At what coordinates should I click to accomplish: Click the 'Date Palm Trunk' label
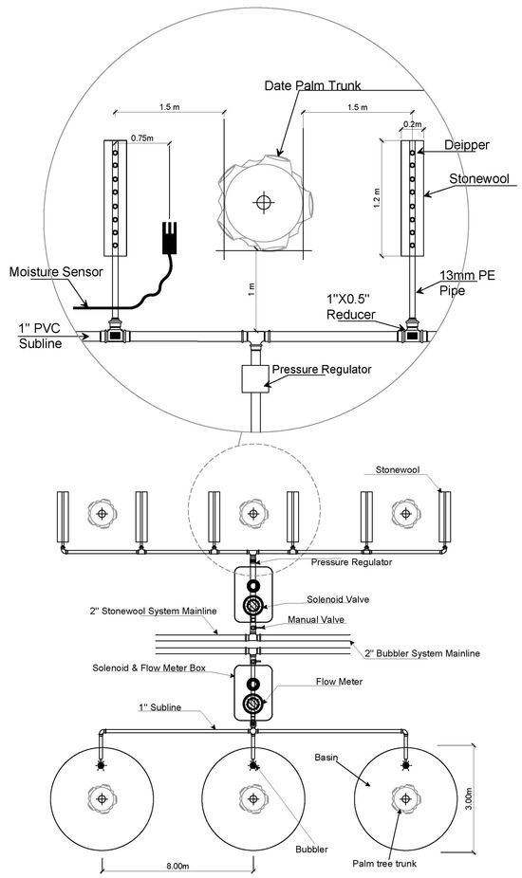[x=312, y=85]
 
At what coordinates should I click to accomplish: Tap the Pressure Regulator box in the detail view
[x=255, y=379]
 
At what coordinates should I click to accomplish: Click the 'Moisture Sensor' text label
[x=57, y=272]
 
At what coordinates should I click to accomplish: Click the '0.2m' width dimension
[x=412, y=124]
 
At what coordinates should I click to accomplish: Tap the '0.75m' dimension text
[x=141, y=137]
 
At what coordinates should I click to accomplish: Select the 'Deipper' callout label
[x=467, y=145]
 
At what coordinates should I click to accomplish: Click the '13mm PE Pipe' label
[x=468, y=283]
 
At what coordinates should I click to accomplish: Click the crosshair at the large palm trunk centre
[x=262, y=202]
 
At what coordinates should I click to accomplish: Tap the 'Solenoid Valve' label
[x=338, y=599]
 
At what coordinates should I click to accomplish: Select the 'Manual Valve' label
[x=316, y=620]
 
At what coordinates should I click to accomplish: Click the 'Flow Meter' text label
[x=339, y=682]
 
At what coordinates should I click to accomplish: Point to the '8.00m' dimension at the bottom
[x=177, y=868]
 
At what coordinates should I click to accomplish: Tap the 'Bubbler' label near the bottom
[x=311, y=850]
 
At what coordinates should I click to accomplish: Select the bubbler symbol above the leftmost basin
[x=102, y=764]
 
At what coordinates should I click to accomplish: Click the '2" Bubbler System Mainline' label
[x=422, y=653]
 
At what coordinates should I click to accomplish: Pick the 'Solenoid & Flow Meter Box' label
[x=149, y=668]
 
